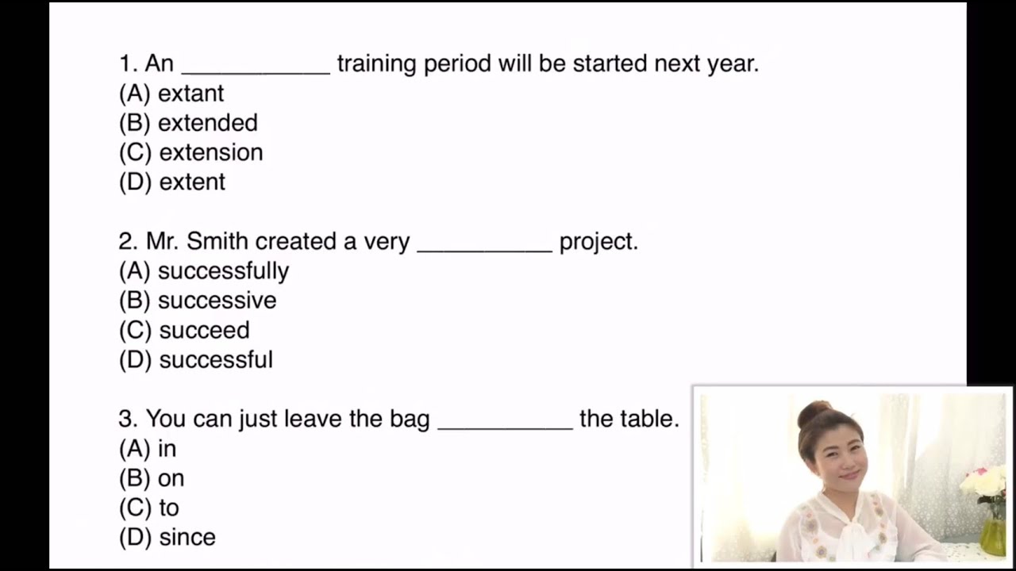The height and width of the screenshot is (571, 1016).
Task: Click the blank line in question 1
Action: [x=256, y=73]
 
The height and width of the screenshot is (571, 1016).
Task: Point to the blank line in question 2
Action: [x=484, y=251]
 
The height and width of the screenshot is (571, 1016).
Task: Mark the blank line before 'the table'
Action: [x=506, y=428]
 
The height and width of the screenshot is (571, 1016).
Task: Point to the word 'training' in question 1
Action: [x=377, y=64]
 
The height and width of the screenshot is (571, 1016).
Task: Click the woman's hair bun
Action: [x=814, y=413]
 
